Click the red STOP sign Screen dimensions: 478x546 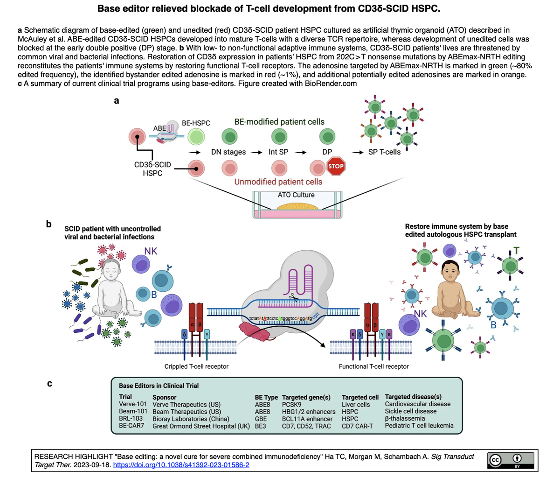336,166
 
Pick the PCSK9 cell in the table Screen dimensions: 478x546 292,404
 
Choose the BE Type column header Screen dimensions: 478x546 266,397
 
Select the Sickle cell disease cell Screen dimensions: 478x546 410,411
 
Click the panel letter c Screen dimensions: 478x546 49,384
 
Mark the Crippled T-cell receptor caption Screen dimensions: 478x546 196,366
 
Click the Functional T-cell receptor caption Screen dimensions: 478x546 373,366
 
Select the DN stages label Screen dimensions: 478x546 228,152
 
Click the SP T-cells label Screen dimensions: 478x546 383,152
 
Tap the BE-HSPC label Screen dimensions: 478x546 196,123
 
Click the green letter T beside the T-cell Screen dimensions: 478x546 516,251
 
